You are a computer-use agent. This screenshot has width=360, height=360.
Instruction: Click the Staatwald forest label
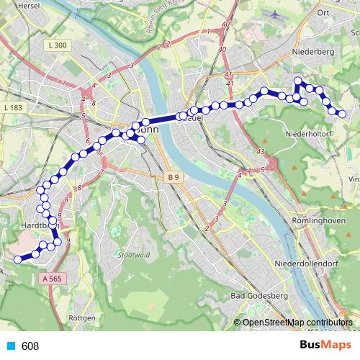(131, 255)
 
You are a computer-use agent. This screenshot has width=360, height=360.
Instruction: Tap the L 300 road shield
(60, 45)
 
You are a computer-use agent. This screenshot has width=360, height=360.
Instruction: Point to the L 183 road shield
(13, 107)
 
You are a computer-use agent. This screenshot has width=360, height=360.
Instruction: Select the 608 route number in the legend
(30, 346)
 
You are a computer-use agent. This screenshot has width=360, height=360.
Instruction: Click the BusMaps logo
(326, 346)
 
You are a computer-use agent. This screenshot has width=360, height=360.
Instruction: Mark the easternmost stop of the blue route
(343, 114)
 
